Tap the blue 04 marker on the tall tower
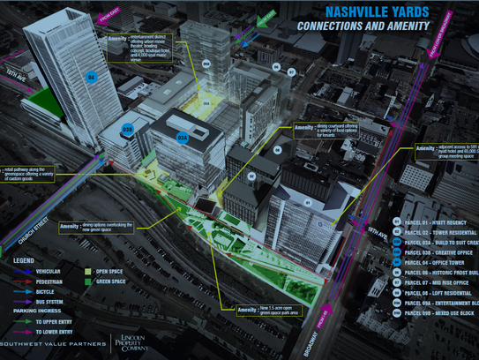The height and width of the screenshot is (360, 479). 91,77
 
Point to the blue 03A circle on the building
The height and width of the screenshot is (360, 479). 183,138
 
